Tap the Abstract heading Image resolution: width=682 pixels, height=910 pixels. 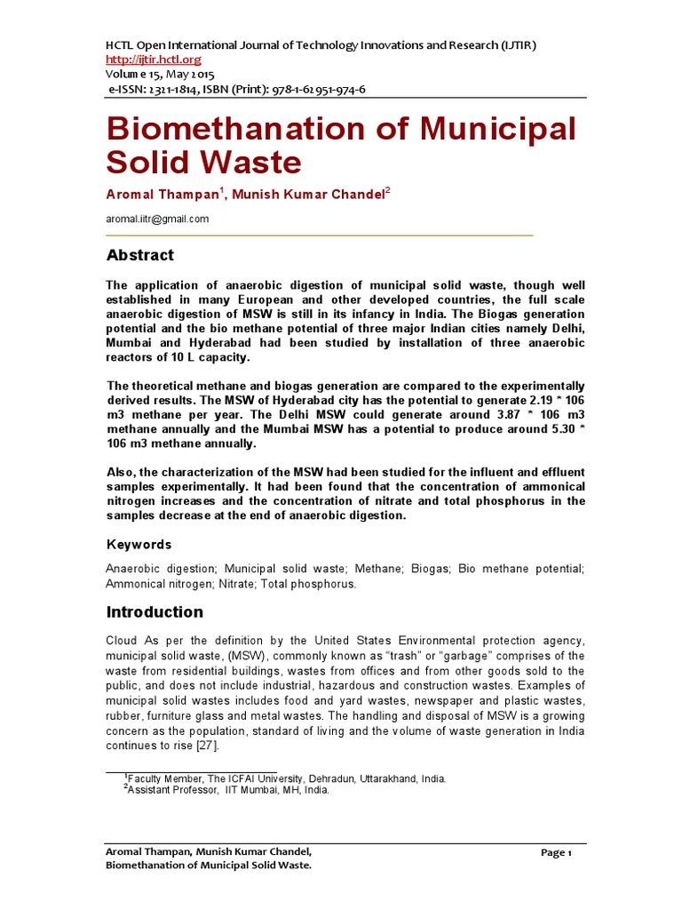click(140, 255)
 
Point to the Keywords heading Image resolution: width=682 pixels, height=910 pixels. click(139, 544)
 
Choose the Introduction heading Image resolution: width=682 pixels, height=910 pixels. click(155, 611)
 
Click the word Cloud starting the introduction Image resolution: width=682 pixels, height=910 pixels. click(122, 641)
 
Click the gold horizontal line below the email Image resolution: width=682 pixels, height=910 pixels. click(320, 235)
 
